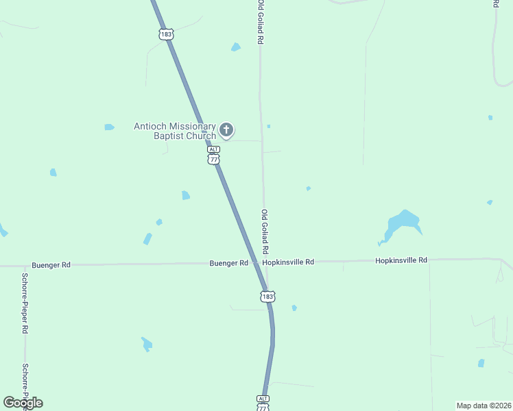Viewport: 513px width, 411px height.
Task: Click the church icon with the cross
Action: (227, 129)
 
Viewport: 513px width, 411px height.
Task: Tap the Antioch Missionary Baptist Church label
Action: (175, 131)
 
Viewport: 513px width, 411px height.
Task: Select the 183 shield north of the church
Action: (166, 34)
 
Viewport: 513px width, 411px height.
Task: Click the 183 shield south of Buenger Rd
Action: (267, 297)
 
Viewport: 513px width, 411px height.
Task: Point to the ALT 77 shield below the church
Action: (214, 155)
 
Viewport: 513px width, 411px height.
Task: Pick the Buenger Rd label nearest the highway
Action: (228, 263)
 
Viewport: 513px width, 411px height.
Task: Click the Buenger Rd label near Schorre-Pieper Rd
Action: (51, 264)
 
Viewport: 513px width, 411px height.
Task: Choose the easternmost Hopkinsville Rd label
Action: (401, 260)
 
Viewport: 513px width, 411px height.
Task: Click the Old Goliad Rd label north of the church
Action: (261, 22)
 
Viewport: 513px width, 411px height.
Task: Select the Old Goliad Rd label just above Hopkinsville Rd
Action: (265, 230)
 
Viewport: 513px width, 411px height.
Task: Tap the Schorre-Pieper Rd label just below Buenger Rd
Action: (25, 303)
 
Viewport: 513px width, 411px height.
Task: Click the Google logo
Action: (23, 403)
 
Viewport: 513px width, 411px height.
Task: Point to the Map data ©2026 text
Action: (484, 406)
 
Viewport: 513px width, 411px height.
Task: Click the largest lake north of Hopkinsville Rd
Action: (402, 222)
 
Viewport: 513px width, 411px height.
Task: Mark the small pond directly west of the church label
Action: (109, 127)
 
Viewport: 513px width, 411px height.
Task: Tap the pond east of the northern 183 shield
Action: (236, 47)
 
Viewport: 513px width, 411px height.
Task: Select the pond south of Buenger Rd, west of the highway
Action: (146, 343)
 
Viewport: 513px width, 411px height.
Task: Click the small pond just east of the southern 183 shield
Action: (294, 308)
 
